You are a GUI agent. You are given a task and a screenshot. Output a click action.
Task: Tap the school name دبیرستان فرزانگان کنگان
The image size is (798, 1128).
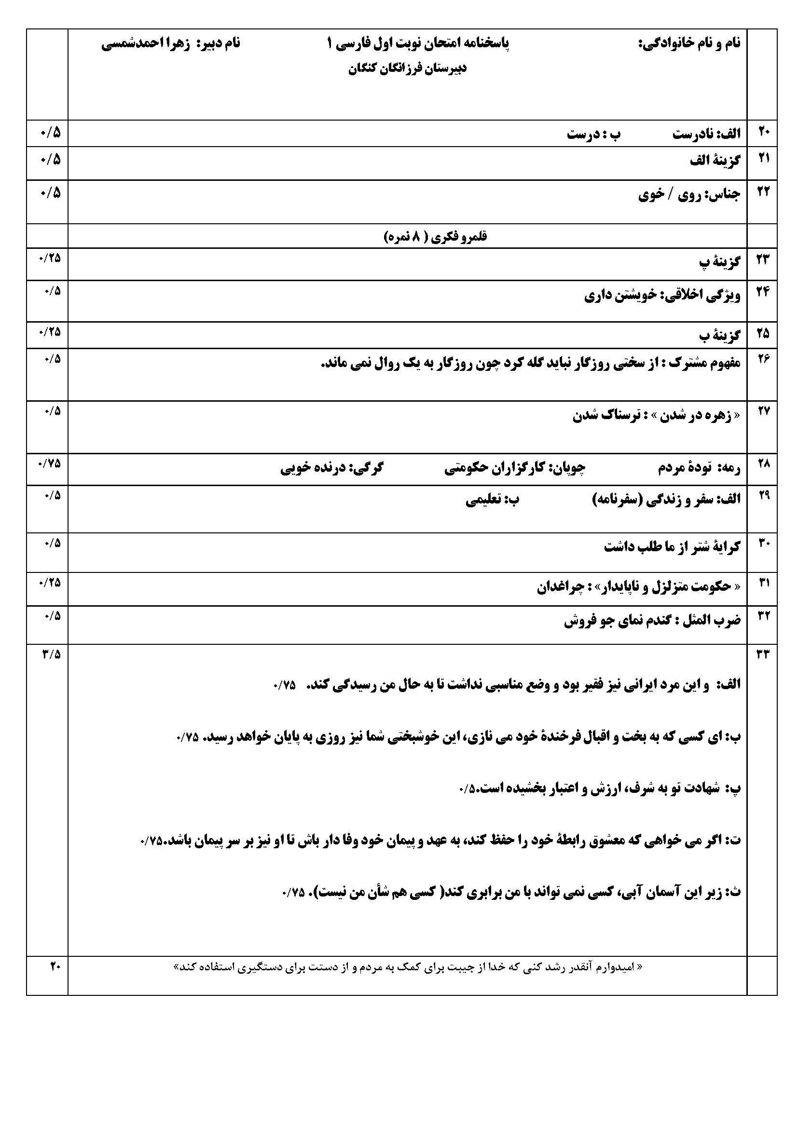[407, 69]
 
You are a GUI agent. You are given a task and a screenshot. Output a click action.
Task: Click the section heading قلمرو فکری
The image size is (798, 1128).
[435, 237]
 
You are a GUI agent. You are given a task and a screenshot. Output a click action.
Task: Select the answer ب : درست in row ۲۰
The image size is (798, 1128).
[593, 134]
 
